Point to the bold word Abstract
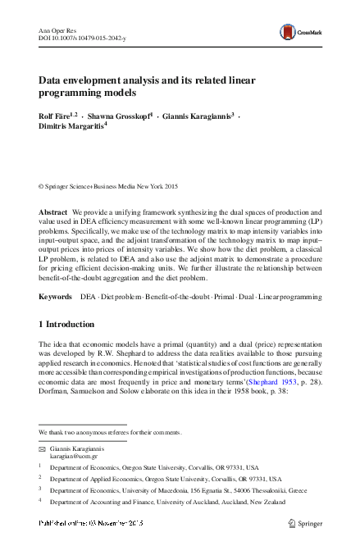point(53,212)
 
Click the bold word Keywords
point(56,293)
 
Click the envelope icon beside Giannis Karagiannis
point(43,450)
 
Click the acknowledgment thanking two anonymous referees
point(110,432)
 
